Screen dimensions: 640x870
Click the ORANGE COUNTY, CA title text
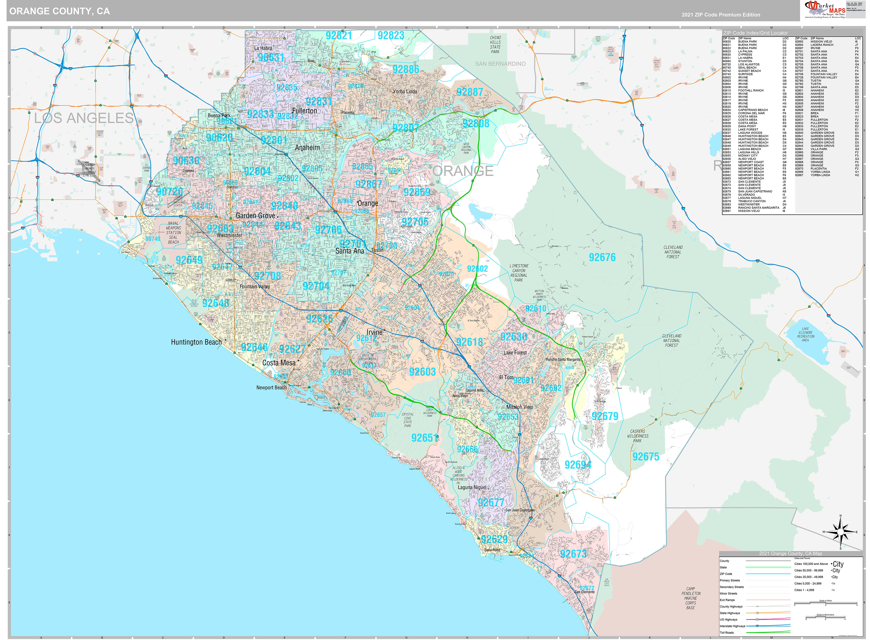point(59,11)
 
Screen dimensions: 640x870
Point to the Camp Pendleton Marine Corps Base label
point(690,598)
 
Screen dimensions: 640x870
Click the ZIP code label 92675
point(646,457)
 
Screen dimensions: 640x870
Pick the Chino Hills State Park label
point(495,45)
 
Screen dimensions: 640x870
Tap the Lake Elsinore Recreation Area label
point(805,334)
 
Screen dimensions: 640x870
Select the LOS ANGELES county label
point(84,118)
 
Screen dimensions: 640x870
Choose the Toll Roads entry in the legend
point(727,633)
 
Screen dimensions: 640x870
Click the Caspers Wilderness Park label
point(638,436)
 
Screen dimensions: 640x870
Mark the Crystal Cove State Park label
point(408,420)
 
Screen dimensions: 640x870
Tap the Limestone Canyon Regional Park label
point(519,273)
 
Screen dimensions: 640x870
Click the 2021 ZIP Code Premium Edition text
point(721,15)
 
